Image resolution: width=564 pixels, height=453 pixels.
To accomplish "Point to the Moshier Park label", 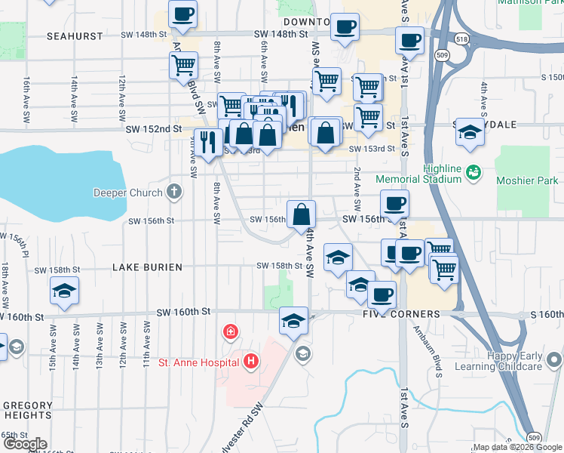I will click(527, 180).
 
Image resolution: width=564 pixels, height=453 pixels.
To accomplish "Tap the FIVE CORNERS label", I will click(400, 314).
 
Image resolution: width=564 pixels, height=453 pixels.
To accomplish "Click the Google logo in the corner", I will click(25, 445).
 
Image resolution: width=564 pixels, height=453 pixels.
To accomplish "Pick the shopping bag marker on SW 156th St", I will click(301, 213).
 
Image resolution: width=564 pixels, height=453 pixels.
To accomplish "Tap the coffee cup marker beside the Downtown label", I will click(345, 26).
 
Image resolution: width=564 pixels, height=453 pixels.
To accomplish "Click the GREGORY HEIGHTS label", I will click(28, 410).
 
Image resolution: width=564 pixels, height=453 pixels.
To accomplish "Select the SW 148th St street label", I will click(281, 34).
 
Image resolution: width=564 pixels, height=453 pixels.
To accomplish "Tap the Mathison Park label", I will click(529, 2).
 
